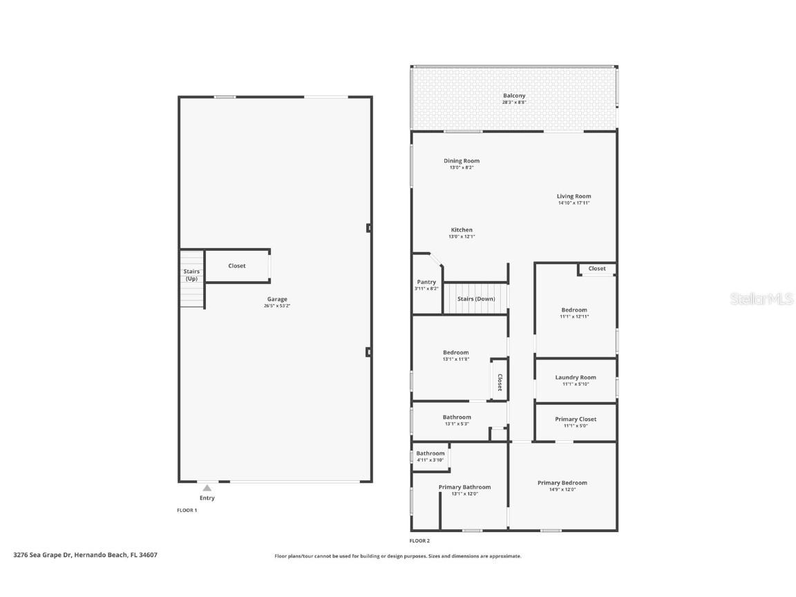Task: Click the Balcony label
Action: pyautogui.click(x=513, y=95)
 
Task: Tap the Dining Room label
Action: pyautogui.click(x=462, y=161)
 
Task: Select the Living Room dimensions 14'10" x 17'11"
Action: pyautogui.click(x=574, y=203)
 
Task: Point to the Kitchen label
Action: pyautogui.click(x=462, y=230)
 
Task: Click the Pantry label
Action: pyautogui.click(x=426, y=282)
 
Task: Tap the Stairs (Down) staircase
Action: pyautogui.click(x=475, y=298)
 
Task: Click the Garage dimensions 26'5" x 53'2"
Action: pyautogui.click(x=277, y=305)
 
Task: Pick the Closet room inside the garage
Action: pyautogui.click(x=237, y=266)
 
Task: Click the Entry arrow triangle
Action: pyautogui.click(x=207, y=488)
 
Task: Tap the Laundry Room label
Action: pyautogui.click(x=575, y=377)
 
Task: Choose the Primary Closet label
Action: pyautogui.click(x=575, y=419)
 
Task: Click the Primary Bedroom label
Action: pyautogui.click(x=562, y=483)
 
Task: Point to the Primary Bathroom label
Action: pyautogui.click(x=464, y=487)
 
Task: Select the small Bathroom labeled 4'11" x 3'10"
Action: pyautogui.click(x=430, y=456)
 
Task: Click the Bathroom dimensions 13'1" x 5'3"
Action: pyautogui.click(x=457, y=424)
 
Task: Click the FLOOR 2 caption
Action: pyautogui.click(x=419, y=541)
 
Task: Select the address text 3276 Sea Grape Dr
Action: pyautogui.click(x=42, y=554)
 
